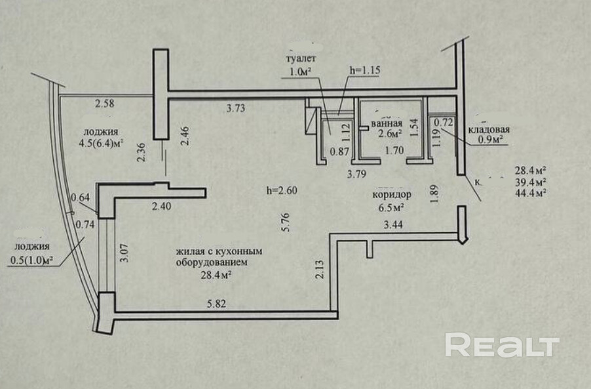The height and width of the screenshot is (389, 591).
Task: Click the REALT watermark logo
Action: click(x=502, y=345)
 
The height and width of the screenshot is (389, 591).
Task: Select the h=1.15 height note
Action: click(x=365, y=70)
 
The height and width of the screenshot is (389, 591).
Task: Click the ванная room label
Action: click(x=386, y=123)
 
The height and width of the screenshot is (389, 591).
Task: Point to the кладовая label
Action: click(x=489, y=129)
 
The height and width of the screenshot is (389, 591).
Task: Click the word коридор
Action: click(x=391, y=195)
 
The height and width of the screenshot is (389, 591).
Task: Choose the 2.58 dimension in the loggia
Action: click(x=105, y=103)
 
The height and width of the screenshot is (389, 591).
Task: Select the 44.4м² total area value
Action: click(x=531, y=193)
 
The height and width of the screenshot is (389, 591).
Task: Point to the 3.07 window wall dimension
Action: click(x=124, y=252)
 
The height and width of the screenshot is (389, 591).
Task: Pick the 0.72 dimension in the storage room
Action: click(x=444, y=121)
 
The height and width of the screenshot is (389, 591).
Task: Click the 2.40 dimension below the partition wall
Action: click(x=161, y=207)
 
